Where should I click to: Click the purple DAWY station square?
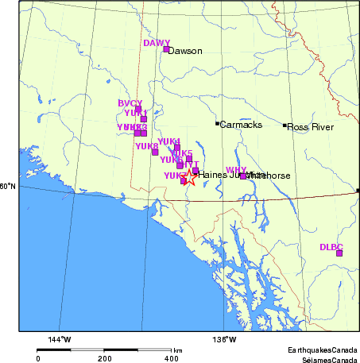[166, 49]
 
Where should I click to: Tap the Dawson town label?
[186, 51]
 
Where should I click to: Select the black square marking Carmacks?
[217, 124]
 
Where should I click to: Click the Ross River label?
[310, 127]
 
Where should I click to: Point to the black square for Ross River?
[285, 125]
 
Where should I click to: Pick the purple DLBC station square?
[339, 253]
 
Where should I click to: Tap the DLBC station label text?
[331, 246]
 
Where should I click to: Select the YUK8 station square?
[155, 152]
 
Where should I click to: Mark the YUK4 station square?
[176, 147]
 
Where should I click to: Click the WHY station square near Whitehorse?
[242, 176]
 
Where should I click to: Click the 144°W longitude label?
[60, 340]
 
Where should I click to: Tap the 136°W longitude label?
[225, 340]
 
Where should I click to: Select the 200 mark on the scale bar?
[105, 358]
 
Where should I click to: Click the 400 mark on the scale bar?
[171, 358]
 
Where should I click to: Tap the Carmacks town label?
[239, 125]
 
